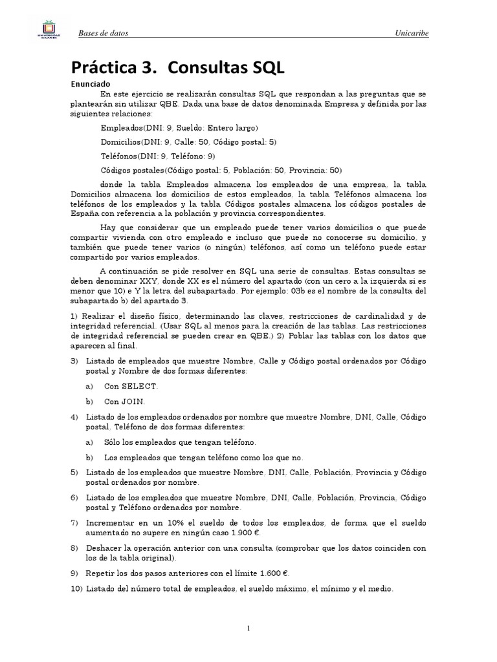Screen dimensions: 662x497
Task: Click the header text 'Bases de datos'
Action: [x=106, y=34]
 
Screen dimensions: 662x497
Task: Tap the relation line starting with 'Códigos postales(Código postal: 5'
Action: [x=221, y=171]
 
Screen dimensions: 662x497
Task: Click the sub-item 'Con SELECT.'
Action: [x=131, y=386]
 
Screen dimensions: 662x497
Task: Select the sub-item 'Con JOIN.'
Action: [x=124, y=401]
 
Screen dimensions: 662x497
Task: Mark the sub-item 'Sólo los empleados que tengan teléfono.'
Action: [x=180, y=442]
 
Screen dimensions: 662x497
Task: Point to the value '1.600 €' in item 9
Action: [x=272, y=573]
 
